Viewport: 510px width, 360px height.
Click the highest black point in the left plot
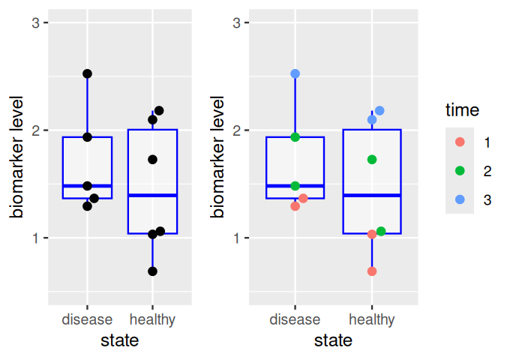click(87, 73)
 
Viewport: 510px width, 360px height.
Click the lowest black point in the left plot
click(153, 271)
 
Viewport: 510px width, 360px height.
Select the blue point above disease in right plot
click(295, 73)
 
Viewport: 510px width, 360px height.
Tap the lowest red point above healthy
click(372, 271)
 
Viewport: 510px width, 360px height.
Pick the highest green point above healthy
click(372, 160)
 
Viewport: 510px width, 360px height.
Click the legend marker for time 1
click(460, 142)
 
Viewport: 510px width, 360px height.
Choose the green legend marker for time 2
click(460, 171)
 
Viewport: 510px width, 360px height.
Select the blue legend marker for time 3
click(460, 199)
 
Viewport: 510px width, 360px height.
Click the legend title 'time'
click(462, 110)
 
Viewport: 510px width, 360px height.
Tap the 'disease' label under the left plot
click(87, 320)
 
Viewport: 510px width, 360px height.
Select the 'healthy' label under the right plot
click(372, 320)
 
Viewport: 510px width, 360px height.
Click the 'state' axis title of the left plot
click(120, 341)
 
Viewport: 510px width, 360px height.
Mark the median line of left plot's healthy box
click(153, 195)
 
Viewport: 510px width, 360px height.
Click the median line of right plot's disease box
click(295, 185)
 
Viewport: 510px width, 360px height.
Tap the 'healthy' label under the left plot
click(153, 320)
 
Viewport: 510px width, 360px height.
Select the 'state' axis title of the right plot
click(333, 341)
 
